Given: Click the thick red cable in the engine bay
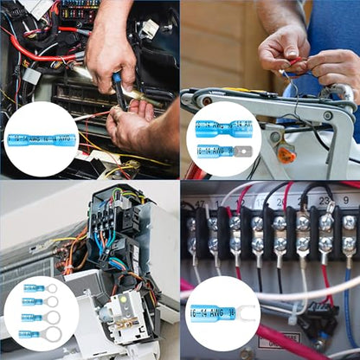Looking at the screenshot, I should (x=35, y=54).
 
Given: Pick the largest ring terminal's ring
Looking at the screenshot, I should (x=55, y=332).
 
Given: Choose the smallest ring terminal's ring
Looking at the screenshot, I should (x=52, y=288).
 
